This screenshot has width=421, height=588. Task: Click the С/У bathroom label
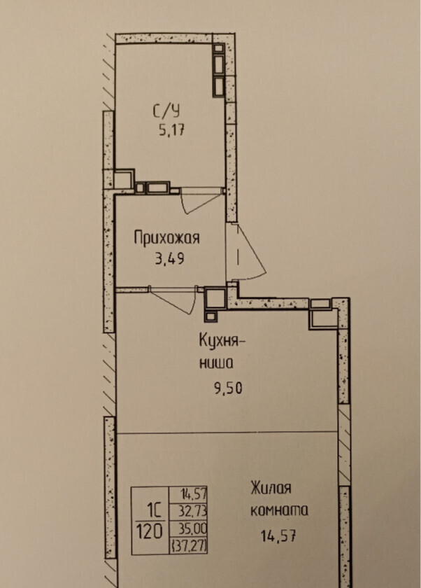click(166, 111)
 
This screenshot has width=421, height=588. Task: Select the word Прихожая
click(167, 238)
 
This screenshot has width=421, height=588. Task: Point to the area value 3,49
click(170, 258)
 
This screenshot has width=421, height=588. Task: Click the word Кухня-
click(222, 342)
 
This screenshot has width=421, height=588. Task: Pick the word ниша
click(216, 363)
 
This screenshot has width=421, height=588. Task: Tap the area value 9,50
click(228, 387)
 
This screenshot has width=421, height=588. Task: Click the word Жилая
click(271, 488)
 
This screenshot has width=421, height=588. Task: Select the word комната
click(279, 510)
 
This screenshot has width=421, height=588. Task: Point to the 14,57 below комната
click(278, 535)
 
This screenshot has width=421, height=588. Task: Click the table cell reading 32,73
click(194, 511)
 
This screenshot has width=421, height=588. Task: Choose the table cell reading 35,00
click(194, 528)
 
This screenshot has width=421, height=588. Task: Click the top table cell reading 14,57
click(194, 493)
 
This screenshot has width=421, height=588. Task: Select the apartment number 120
click(149, 531)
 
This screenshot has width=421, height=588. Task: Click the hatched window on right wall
click(343, 444)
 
